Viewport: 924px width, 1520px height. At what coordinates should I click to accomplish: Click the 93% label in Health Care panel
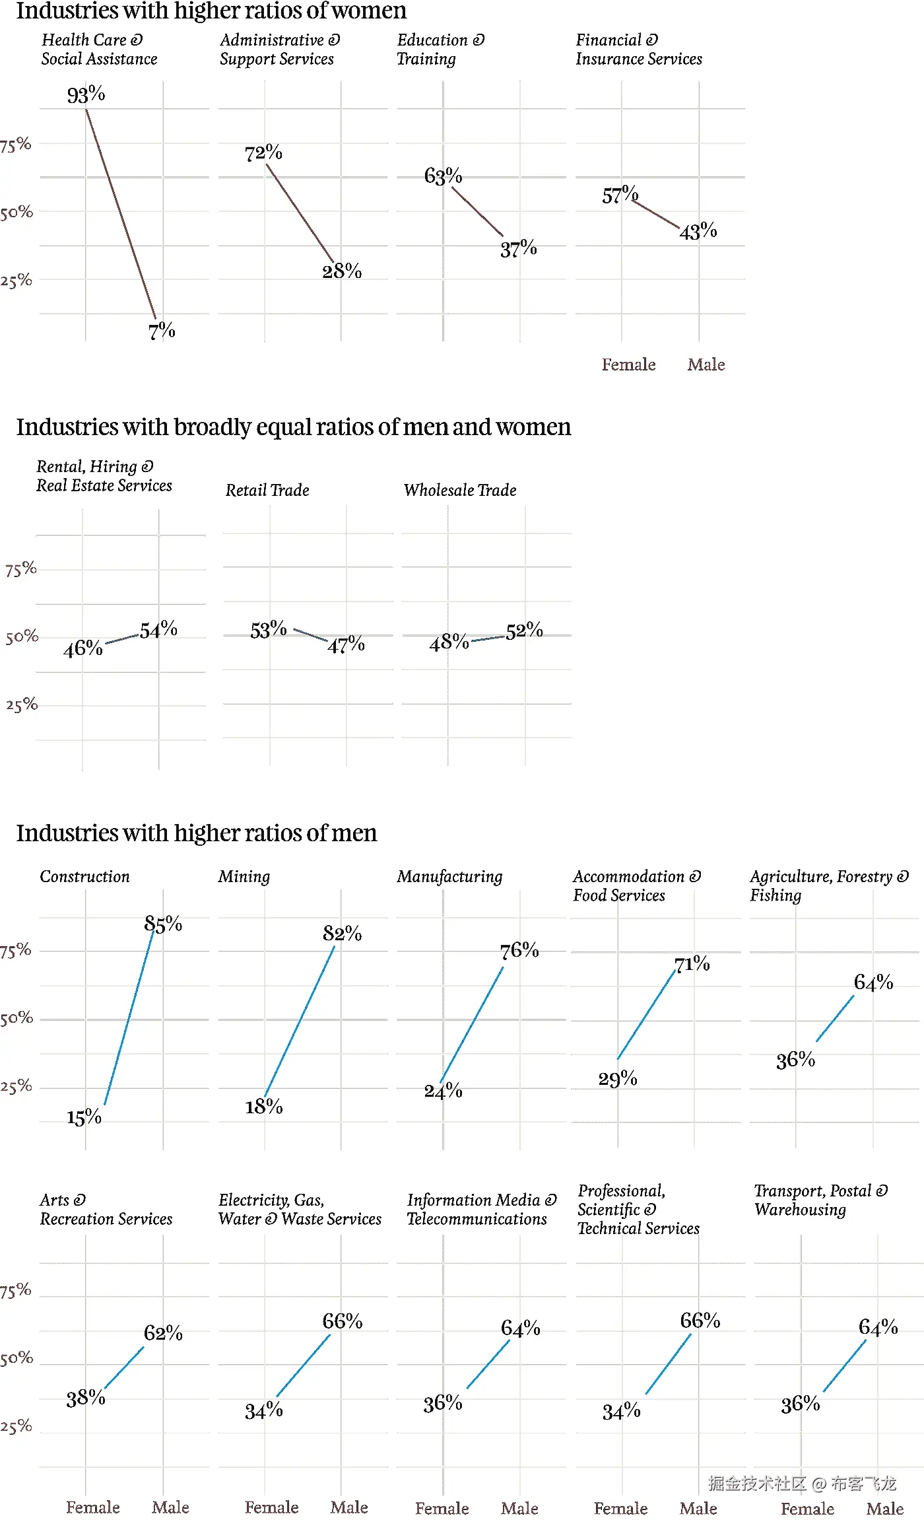coord(86,95)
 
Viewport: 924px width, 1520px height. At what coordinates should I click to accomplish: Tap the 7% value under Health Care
coord(162,330)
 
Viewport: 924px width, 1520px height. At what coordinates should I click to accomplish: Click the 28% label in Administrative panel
coord(342,271)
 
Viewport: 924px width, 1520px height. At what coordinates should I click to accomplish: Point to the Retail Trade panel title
coord(267,490)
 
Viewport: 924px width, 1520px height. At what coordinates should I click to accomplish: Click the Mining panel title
coord(244,876)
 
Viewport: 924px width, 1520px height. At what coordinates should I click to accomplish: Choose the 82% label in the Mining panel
coord(342,934)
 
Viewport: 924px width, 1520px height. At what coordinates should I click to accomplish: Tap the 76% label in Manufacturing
coord(519,951)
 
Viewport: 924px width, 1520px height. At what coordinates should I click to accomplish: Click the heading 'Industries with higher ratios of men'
coord(197,833)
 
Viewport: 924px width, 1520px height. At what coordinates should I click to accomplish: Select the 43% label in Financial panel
coord(698,232)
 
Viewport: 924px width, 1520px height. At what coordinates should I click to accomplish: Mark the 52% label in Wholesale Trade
coord(525,631)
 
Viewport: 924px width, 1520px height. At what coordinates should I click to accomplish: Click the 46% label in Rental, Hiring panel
coord(83,648)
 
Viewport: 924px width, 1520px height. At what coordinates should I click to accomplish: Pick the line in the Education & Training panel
coord(477,211)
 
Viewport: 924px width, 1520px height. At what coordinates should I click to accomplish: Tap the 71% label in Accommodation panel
coord(692,965)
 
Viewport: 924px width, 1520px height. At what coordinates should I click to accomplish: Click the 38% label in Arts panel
coord(85,1398)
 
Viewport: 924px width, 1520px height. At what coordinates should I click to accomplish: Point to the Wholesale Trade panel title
coord(460,490)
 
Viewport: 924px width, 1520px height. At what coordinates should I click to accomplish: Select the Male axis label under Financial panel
coord(706,364)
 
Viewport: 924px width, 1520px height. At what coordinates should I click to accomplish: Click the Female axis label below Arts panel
coord(93,1507)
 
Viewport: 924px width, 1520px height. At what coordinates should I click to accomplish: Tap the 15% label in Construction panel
coord(84,1117)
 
